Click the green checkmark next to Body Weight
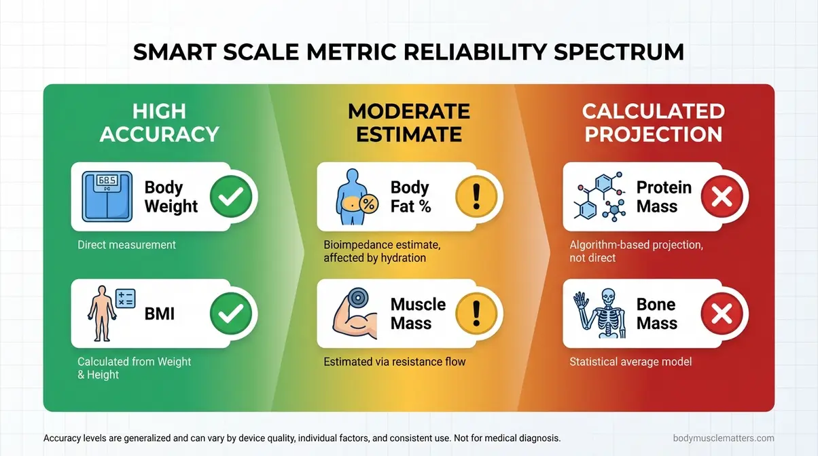pos(231,197)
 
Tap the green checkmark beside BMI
pos(231,314)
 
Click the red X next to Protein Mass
pos(722,197)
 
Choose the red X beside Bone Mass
pos(722,314)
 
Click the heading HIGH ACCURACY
pos(159,122)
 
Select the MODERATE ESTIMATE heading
pos(408,122)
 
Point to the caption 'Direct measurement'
pos(126,245)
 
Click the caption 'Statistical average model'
pos(630,362)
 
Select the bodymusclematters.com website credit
pos(724,438)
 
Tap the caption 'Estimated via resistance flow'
pos(395,362)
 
